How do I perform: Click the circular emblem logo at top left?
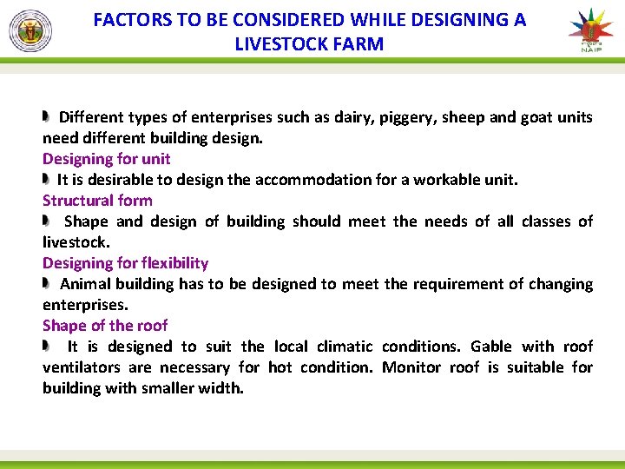pyautogui.click(x=30, y=31)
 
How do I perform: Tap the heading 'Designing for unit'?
pyautogui.click(x=106, y=159)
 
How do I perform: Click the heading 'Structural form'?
pyautogui.click(x=97, y=201)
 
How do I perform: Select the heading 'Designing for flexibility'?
pyautogui.click(x=125, y=263)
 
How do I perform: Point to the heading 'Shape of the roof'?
pyautogui.click(x=105, y=326)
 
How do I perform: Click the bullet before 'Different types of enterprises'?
pyautogui.click(x=48, y=116)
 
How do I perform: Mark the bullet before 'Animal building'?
pyautogui.click(x=48, y=283)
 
